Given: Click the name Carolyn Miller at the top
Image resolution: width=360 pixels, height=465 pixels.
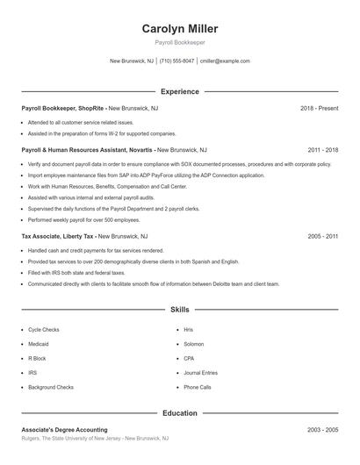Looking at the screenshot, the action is point(180,29).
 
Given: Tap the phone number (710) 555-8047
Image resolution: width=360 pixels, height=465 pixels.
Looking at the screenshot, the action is point(177,61).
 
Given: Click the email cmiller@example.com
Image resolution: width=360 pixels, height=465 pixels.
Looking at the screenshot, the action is point(226,61).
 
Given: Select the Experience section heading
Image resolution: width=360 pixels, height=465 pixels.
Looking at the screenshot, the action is point(180,91).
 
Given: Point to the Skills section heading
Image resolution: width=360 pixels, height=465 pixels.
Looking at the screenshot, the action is point(180,310).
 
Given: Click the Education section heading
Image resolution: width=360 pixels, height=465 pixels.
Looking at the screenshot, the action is point(180,412).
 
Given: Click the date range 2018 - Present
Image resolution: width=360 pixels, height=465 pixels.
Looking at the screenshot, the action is point(319,108).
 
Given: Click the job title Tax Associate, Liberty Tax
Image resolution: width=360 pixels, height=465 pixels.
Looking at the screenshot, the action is point(56,236).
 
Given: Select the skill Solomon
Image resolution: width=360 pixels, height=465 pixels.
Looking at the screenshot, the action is point(194,344).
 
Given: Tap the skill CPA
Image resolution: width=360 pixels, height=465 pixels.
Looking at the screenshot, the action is point(189,358).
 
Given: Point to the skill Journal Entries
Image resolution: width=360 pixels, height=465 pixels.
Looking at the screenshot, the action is point(200,373).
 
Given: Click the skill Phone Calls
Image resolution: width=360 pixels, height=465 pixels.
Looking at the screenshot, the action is point(198,387).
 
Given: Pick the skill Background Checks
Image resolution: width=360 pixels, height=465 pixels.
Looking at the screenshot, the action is point(51,387).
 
